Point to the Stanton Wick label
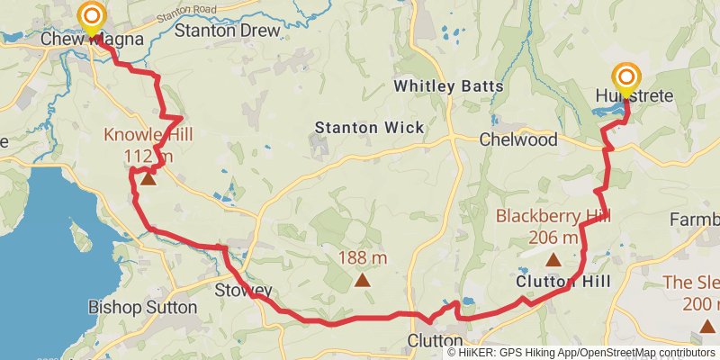369,128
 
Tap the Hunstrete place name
634,96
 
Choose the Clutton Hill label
563,282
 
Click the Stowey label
244,290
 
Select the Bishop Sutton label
142,307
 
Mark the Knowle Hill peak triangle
148,179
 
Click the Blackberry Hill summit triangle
553,259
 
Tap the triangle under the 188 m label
362,280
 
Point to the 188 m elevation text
363,258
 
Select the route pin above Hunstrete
626,78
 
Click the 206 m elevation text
553,238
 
